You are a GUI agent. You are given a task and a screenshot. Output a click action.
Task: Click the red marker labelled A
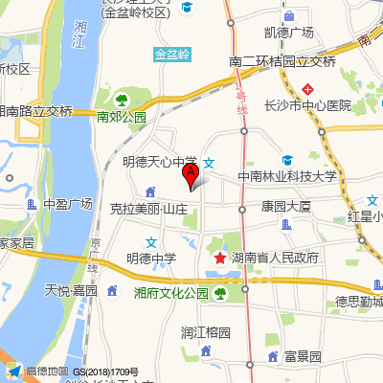tap(191, 175)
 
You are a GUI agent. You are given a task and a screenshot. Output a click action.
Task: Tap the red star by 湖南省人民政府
tap(219, 259)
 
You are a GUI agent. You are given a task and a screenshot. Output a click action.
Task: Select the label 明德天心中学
tap(160, 162)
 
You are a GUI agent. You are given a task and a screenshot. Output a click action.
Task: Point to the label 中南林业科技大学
tap(287, 176)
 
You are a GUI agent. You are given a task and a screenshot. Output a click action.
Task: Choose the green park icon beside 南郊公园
tap(121, 100)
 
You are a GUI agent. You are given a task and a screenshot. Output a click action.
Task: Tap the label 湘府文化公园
tap(171, 293)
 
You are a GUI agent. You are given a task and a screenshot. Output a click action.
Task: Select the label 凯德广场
tap(276, 33)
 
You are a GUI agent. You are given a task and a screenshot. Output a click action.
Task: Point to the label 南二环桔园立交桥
tap(282, 61)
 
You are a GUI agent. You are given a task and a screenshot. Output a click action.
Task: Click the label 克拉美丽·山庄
tap(148, 208)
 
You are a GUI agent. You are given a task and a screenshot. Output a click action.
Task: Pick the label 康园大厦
tap(286, 206)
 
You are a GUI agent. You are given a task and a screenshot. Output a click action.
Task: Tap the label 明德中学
tap(151, 259)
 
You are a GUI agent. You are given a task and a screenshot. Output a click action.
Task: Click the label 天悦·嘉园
tap(72, 289)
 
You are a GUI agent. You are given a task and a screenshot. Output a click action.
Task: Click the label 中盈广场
tap(67, 204)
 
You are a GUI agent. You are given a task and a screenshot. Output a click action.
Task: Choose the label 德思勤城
tap(358, 303)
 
